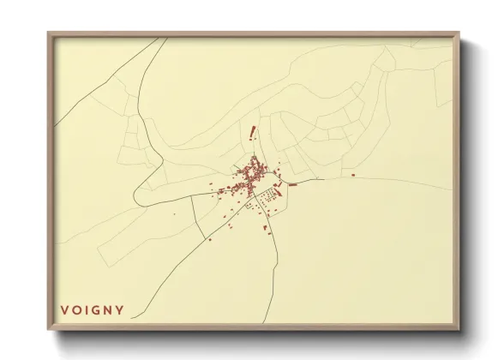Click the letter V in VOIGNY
tap(63, 309)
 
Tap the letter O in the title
tap(75, 309)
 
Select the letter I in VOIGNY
tap(86, 309)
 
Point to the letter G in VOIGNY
tap(96, 309)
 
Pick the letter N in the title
tap(108, 309)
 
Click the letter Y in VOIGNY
tap(120, 309)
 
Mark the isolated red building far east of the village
tap(352, 175)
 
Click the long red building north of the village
tap(252, 132)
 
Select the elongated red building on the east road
tap(292, 183)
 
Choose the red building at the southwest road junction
tap(208, 240)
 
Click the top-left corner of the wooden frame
tap(49, 33)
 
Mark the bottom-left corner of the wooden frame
tap(49, 329)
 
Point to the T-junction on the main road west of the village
tap(193, 196)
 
